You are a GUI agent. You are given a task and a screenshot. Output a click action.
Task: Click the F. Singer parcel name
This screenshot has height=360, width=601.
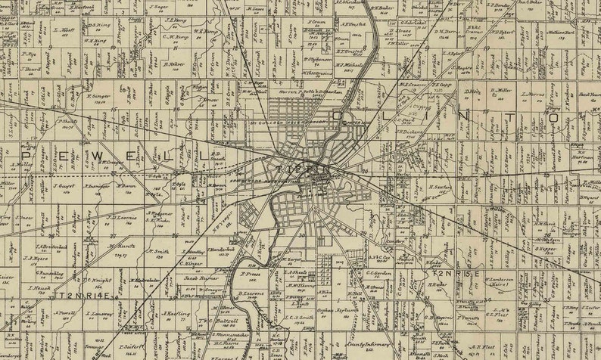[x=99, y=96]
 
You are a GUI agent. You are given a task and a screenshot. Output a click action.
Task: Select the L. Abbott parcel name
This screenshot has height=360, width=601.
[x=64, y=30]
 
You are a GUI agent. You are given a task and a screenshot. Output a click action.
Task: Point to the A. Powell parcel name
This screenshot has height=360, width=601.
[x=65, y=311]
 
